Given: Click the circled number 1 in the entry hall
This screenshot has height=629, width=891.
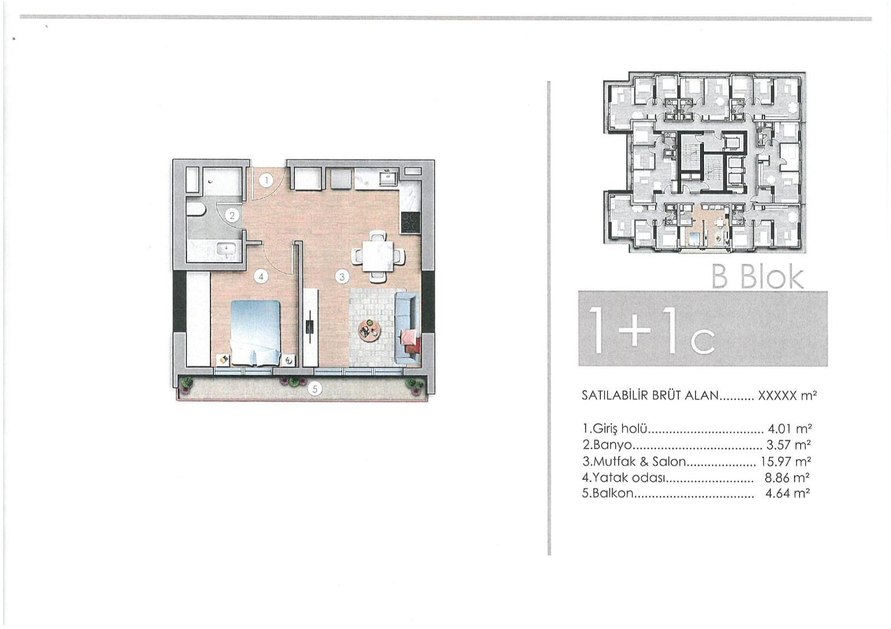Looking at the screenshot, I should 267,180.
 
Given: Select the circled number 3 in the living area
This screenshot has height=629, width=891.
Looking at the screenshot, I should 342,276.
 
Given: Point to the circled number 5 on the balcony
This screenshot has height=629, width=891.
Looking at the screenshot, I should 315,389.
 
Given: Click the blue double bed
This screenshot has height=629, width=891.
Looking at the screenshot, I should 255,332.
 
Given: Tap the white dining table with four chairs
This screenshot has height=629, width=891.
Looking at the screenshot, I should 378,256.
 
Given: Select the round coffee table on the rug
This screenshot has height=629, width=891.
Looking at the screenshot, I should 369,331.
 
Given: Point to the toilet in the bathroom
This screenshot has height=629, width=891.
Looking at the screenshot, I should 195,210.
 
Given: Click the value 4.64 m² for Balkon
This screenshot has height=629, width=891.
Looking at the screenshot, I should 787,493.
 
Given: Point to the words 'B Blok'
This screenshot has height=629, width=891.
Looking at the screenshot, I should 758,277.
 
